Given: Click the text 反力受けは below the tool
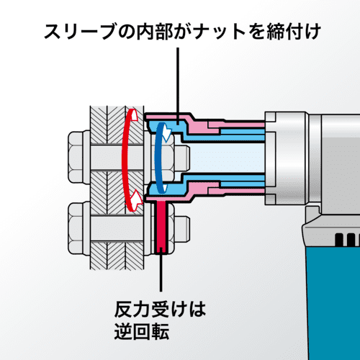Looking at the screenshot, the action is pos(160,310).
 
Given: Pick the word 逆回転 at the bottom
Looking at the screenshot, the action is pos(142,331).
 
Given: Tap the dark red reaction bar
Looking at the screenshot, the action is pos(161,228).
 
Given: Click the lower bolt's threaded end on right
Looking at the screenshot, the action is pos(182,229).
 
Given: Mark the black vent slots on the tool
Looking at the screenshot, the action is pos(347,240).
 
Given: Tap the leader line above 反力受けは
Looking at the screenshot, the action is pos(161,271).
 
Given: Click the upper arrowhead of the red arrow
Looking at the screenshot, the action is pos(135,114).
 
